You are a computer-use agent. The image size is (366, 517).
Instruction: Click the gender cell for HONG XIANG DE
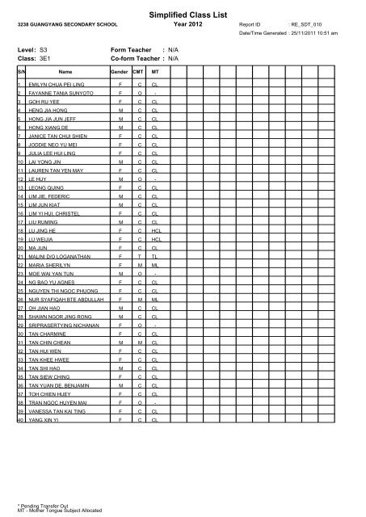pyautogui.click(x=120, y=127)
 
